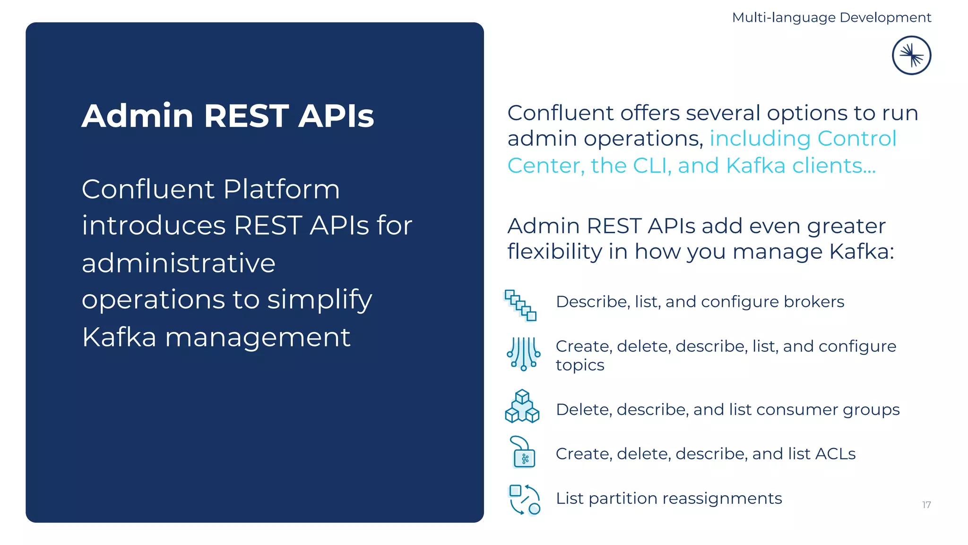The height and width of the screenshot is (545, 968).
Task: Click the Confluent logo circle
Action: click(x=911, y=55)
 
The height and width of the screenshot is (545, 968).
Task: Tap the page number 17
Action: click(x=926, y=505)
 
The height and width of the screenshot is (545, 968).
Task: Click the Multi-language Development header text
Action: click(x=831, y=18)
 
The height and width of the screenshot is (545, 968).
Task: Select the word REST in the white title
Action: click(x=246, y=116)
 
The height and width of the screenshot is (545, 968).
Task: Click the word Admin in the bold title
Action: click(x=138, y=116)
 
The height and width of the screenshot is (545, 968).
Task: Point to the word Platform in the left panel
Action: click(x=281, y=189)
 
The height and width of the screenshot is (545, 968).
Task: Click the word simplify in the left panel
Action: click(x=320, y=300)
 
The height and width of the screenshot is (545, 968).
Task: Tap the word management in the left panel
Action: click(x=258, y=337)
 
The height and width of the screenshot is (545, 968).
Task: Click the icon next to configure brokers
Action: click(x=521, y=305)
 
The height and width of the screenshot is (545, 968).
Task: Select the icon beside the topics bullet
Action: click(x=523, y=354)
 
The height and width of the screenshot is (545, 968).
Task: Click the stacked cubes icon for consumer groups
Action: click(x=522, y=406)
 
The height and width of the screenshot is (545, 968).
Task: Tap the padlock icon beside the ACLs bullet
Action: click(x=523, y=453)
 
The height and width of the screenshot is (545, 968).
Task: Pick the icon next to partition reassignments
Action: click(x=524, y=500)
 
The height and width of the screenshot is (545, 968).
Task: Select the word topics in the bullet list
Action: click(x=580, y=365)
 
